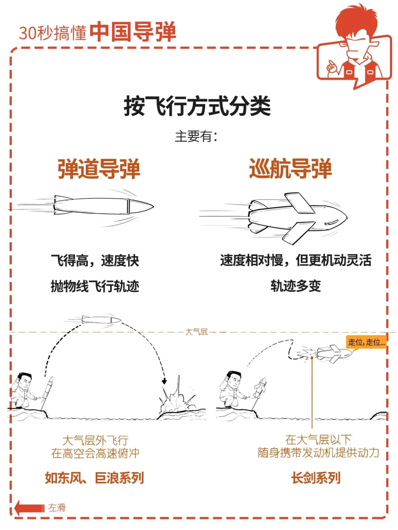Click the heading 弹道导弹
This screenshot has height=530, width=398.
pyautogui.click(x=99, y=169)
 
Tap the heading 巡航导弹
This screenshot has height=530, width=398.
pyautogui.click(x=290, y=169)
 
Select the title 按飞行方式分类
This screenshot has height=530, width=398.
pyautogui.click(x=197, y=106)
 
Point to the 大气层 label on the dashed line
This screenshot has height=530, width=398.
pyautogui.click(x=196, y=331)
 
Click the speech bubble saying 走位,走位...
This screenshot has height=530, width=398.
pyautogui.click(x=366, y=342)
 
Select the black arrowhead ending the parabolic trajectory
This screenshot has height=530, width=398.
pyautogui.click(x=164, y=381)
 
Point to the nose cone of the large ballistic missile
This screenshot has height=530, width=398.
pyautogui.click(x=141, y=207)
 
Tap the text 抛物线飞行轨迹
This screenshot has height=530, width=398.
pyautogui.click(x=95, y=287)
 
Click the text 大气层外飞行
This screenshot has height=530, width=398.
pyautogui.click(x=95, y=440)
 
